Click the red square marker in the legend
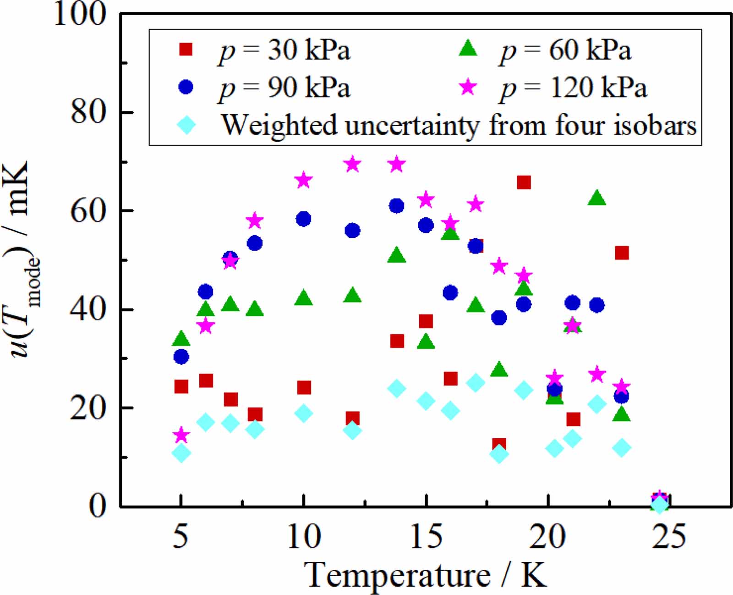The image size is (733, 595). point(186,49)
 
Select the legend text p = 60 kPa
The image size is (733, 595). point(565,50)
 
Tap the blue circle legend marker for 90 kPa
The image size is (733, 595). point(186,87)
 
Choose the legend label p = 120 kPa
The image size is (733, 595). point(573,87)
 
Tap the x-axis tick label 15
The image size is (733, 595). point(426,536)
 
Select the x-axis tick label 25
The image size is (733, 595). point(669,536)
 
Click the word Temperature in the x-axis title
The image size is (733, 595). point(397,574)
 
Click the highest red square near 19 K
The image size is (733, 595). point(524,182)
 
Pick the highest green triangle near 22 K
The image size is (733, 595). point(597,198)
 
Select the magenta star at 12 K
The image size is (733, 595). point(352,164)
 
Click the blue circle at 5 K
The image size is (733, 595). point(181,356)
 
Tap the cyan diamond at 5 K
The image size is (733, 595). point(181,453)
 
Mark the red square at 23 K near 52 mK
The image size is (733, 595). point(622,253)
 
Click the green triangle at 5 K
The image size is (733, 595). point(181,339)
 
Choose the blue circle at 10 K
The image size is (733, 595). point(303,219)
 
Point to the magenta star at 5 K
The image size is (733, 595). point(181,435)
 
